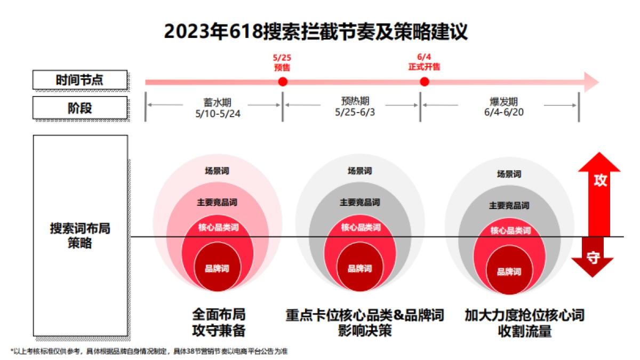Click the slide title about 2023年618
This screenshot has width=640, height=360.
tap(316, 32)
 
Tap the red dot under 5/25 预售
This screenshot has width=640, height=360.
tap(283, 82)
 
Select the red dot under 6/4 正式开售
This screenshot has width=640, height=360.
tap(425, 82)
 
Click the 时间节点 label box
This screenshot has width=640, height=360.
tap(80, 80)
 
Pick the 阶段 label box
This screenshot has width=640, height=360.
tap(80, 108)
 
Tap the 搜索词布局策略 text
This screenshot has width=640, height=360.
tap(80, 235)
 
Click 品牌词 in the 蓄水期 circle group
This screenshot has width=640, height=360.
tap(217, 268)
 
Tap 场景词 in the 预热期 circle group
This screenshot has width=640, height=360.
tap(359, 171)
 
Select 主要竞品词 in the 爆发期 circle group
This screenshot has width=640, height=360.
tap(509, 205)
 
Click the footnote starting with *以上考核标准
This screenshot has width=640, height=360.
tap(149, 351)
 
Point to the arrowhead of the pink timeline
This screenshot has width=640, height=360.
tap(591, 82)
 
